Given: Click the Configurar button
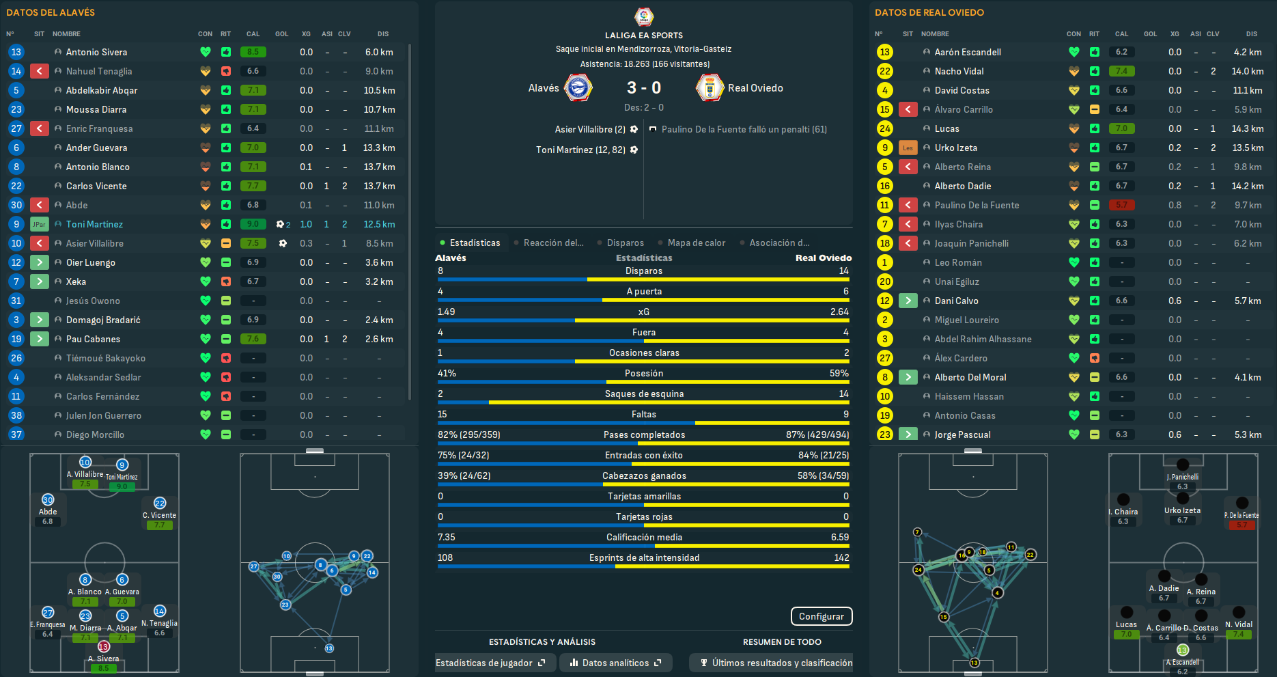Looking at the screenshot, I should pyautogui.click(x=821, y=616).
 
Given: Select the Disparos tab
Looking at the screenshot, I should pyautogui.click(x=625, y=243).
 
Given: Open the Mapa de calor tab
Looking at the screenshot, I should pyautogui.click(x=696, y=243).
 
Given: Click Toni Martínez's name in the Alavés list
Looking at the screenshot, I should pyautogui.click(x=94, y=224).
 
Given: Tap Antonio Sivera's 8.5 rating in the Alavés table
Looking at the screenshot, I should pyautogui.click(x=253, y=52).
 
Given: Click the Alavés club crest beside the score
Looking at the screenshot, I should pyautogui.click(x=578, y=88).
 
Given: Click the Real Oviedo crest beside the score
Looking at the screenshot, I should pyautogui.click(x=710, y=88).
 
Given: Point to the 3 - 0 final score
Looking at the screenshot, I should pyautogui.click(x=643, y=88).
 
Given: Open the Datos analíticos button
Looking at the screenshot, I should pyautogui.click(x=615, y=663).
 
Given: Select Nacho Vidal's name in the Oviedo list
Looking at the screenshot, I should pyautogui.click(x=959, y=71).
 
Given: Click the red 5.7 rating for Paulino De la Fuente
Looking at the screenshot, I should pyautogui.click(x=1121, y=205).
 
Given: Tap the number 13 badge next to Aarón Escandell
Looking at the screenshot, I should pyautogui.click(x=884, y=52).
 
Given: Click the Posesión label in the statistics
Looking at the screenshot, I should pyautogui.click(x=643, y=373).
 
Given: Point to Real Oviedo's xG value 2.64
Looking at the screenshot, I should pyautogui.click(x=839, y=312).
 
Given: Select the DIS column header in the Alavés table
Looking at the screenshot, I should pyautogui.click(x=383, y=33).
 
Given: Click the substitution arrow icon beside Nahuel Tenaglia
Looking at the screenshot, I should pyautogui.click(x=40, y=71).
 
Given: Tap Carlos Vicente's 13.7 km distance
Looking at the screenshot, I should pyautogui.click(x=379, y=186).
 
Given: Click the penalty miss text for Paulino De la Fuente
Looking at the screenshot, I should pyautogui.click(x=744, y=129).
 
